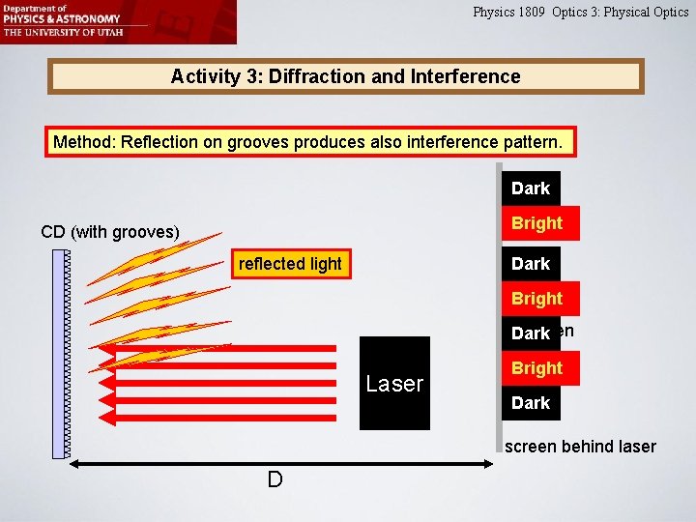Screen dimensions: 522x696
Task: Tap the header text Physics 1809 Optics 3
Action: [580, 13]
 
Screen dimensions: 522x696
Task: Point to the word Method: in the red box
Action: [83, 142]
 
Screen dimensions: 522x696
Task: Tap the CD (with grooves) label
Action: [110, 232]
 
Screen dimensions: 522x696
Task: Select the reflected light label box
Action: [290, 264]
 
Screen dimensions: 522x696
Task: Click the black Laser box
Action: [394, 383]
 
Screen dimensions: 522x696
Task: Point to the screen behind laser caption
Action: [580, 447]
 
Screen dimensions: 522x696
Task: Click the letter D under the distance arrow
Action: [275, 480]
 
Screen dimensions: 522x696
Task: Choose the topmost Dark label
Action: [531, 188]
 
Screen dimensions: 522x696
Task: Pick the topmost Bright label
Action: [536, 223]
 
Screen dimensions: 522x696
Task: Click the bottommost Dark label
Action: [531, 403]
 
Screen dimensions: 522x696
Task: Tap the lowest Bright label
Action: [536, 368]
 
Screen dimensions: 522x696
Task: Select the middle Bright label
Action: [536, 299]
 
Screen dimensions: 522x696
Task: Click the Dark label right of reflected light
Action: [531, 264]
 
